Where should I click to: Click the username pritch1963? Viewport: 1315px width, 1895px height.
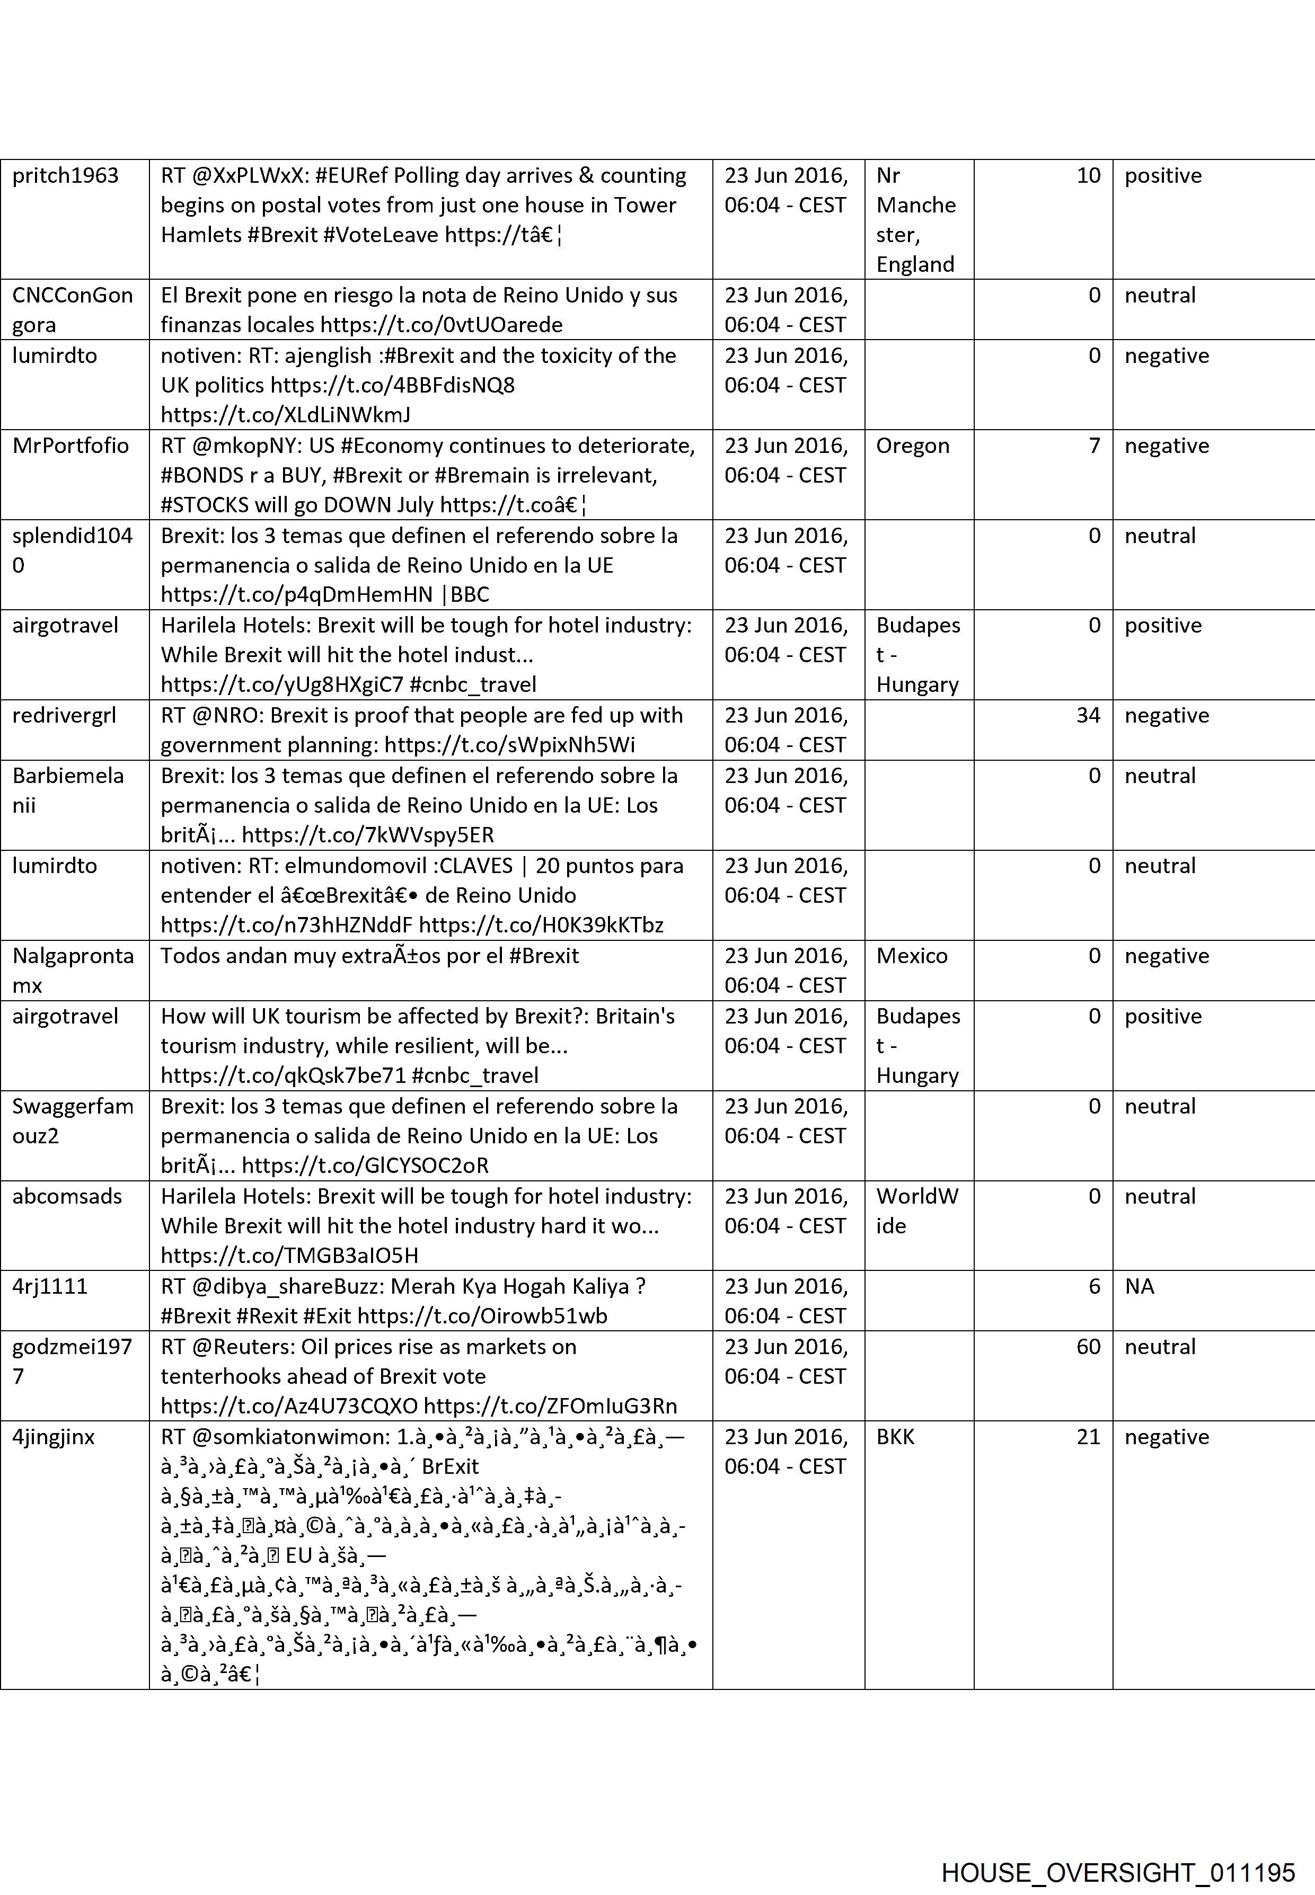pyautogui.click(x=65, y=175)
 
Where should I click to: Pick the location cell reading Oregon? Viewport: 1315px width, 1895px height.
pyautogui.click(x=912, y=446)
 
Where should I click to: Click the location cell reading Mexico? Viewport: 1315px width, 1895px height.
pyautogui.click(x=911, y=955)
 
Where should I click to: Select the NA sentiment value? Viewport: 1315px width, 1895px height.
pyautogui.click(x=1140, y=1286)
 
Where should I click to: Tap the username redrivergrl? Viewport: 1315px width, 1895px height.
pyautogui.click(x=64, y=715)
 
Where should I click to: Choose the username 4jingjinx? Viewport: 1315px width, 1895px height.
pyautogui.click(x=54, y=1436)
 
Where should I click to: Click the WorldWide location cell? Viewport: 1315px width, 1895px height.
pyautogui.click(x=916, y=1211)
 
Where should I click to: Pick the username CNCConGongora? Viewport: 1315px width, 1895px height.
pyautogui.click(x=73, y=310)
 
